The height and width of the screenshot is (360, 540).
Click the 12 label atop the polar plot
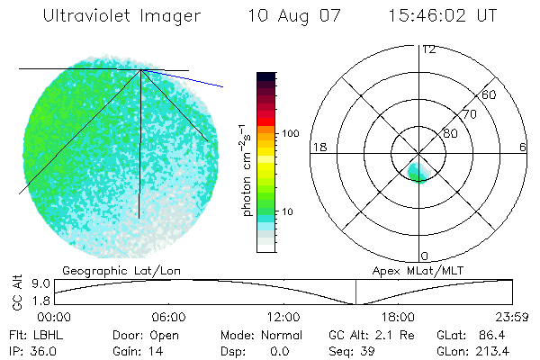428,49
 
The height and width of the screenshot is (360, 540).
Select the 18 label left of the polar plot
318,147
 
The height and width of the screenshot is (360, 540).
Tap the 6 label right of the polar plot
523,147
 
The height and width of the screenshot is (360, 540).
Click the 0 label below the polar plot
425,256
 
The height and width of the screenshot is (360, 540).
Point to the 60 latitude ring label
490,94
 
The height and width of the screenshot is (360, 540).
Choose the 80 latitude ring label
450,133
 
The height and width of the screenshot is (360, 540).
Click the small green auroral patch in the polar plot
418,171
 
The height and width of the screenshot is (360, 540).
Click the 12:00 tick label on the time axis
283,317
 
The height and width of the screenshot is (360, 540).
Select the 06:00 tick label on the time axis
168,317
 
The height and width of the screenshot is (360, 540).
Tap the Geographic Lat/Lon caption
107,270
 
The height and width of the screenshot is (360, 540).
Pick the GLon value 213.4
506,349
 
